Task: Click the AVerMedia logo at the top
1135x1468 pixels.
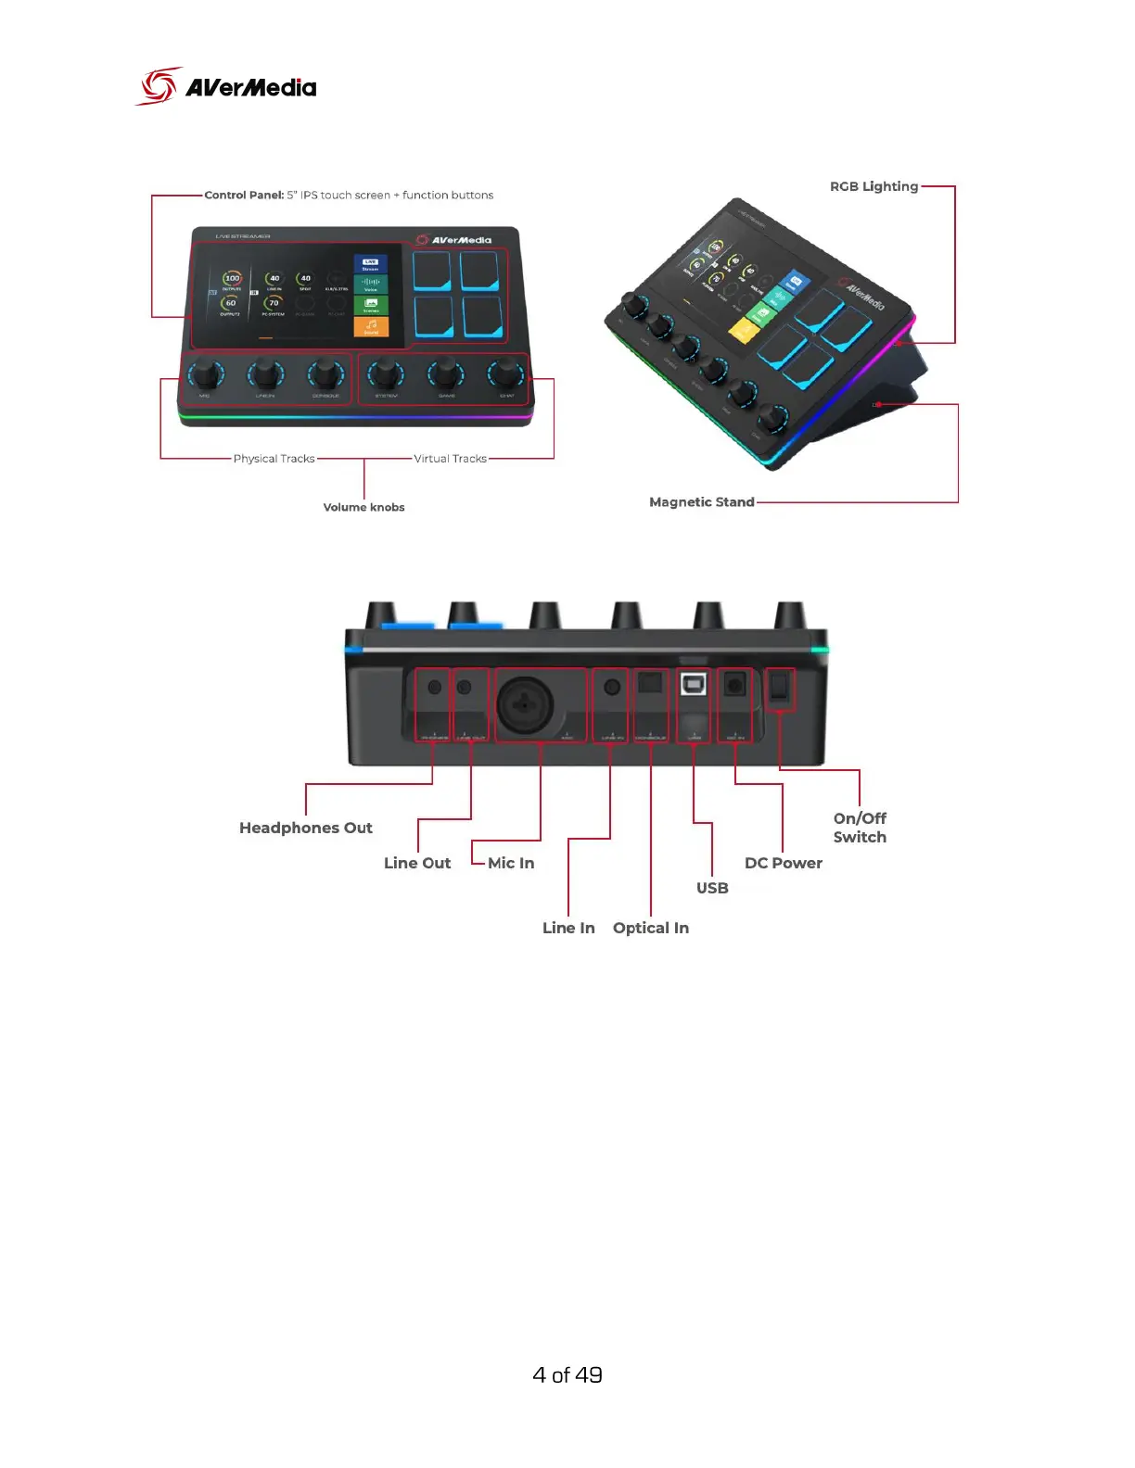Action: tap(226, 86)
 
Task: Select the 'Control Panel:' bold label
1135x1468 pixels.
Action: tap(244, 196)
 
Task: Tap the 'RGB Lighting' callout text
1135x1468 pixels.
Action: tap(874, 186)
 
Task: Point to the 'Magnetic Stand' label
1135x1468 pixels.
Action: tap(701, 502)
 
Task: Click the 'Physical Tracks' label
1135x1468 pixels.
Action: tap(274, 459)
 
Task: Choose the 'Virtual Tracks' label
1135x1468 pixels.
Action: tap(450, 459)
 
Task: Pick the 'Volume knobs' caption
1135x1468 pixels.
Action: tap(363, 508)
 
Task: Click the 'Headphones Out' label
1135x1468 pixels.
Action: tap(305, 828)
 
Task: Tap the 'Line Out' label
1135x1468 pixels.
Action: tap(417, 863)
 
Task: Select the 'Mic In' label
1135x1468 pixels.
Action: tap(511, 863)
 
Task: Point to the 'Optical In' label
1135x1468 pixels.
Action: tap(650, 928)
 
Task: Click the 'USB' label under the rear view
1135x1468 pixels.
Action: tap(712, 888)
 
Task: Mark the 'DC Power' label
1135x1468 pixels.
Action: tap(783, 863)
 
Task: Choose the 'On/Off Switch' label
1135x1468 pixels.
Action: tap(860, 828)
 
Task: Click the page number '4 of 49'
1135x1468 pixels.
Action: tap(567, 1375)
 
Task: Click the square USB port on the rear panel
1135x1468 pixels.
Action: tap(693, 685)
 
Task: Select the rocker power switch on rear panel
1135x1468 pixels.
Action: tap(780, 687)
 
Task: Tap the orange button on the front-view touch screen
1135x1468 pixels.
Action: tap(371, 327)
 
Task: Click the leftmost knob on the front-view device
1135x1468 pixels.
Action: tap(205, 375)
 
